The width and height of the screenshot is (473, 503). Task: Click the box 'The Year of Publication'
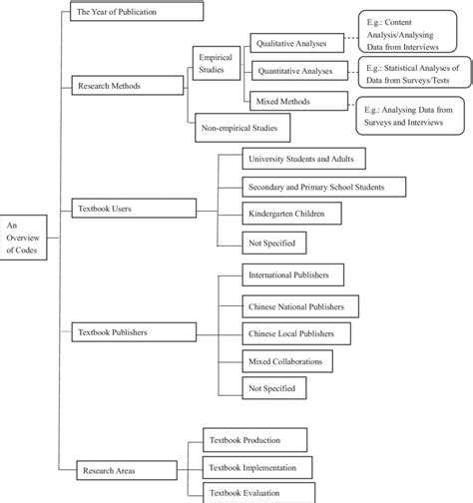(137, 12)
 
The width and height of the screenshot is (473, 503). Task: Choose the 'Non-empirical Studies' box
(243, 128)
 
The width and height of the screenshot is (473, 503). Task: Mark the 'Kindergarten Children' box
(292, 213)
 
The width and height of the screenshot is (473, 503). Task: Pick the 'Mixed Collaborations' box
(287, 358)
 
